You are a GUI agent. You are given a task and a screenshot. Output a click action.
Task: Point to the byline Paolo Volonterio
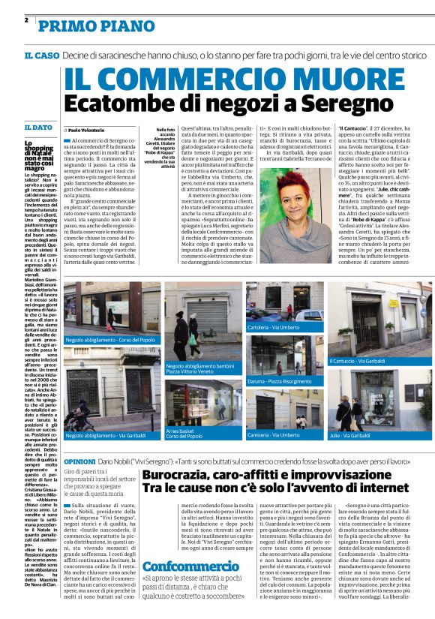coord(91,130)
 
